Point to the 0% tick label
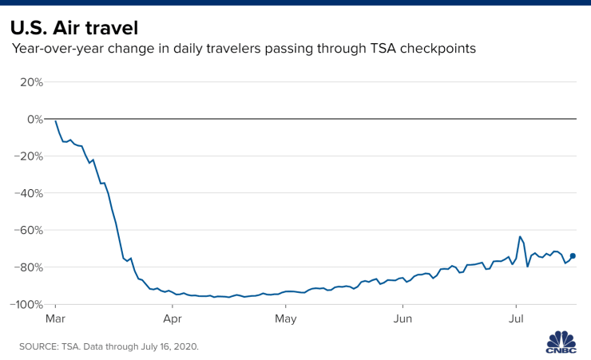pos(34,119)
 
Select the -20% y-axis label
pos(29,156)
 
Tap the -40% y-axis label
pos(29,193)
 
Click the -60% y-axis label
pos(29,230)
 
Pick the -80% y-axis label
pos(29,267)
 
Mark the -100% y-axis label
pos(26,304)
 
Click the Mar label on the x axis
pos(55,318)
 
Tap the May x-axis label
pos(285,318)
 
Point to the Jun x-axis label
pos(403,318)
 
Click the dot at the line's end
pos(573,256)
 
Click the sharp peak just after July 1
pos(520,237)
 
